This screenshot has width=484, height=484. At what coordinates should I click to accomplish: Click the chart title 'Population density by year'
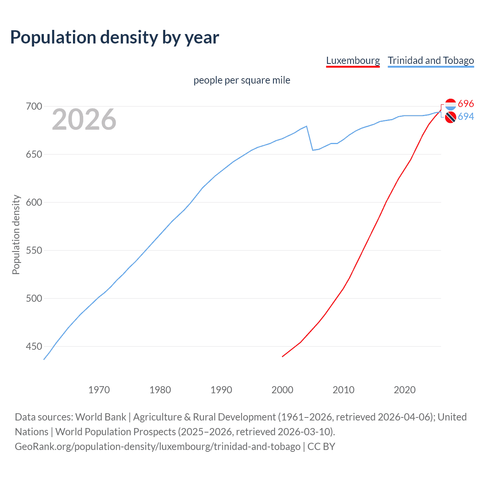115,37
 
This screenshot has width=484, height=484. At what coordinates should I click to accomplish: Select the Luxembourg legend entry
353,60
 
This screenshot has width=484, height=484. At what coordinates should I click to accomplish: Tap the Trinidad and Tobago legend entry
431,60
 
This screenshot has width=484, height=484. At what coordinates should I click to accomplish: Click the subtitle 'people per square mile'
242,80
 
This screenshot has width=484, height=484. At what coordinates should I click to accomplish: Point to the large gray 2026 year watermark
84,119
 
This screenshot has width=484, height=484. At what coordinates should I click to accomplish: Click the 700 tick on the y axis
34,106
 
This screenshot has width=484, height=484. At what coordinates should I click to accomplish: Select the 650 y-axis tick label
34,154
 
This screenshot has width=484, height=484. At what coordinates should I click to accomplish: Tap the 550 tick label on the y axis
34,250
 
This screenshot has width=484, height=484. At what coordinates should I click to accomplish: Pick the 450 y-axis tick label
34,346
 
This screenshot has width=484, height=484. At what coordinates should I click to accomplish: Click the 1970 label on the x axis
99,390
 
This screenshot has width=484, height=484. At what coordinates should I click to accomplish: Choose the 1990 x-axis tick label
221,390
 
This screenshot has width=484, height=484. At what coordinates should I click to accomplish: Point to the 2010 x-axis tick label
343,390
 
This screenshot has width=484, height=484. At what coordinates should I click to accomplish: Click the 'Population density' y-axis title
16,234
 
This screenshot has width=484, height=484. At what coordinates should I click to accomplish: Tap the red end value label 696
466,104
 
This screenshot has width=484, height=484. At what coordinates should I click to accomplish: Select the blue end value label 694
466,117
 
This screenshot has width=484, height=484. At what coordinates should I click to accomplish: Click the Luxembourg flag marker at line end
450,104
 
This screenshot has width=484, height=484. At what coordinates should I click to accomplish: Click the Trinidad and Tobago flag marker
450,118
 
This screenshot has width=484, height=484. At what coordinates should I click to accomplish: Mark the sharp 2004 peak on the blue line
307,126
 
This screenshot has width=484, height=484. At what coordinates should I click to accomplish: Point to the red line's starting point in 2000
282,356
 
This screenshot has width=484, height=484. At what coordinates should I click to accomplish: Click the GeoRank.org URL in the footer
158,447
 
